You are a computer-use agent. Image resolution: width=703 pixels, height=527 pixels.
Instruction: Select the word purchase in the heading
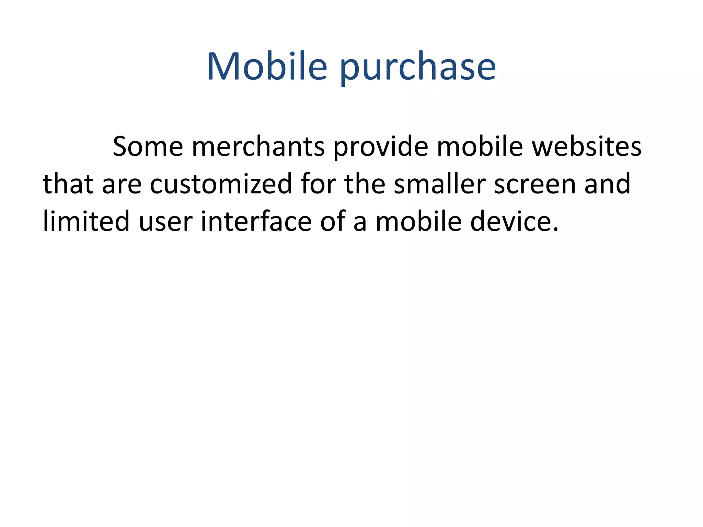(418, 68)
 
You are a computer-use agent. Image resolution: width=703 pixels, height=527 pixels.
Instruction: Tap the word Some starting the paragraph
(148, 147)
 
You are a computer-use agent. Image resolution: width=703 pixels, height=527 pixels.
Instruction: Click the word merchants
(258, 147)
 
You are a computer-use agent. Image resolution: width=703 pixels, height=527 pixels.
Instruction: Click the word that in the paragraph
(68, 184)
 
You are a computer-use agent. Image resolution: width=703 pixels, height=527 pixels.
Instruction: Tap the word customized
(221, 184)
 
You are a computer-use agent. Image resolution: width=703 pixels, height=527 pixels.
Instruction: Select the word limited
(86, 221)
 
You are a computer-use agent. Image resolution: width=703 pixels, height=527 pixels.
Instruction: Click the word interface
(256, 221)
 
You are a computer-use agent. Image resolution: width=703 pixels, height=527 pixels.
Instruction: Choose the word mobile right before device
(418, 221)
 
